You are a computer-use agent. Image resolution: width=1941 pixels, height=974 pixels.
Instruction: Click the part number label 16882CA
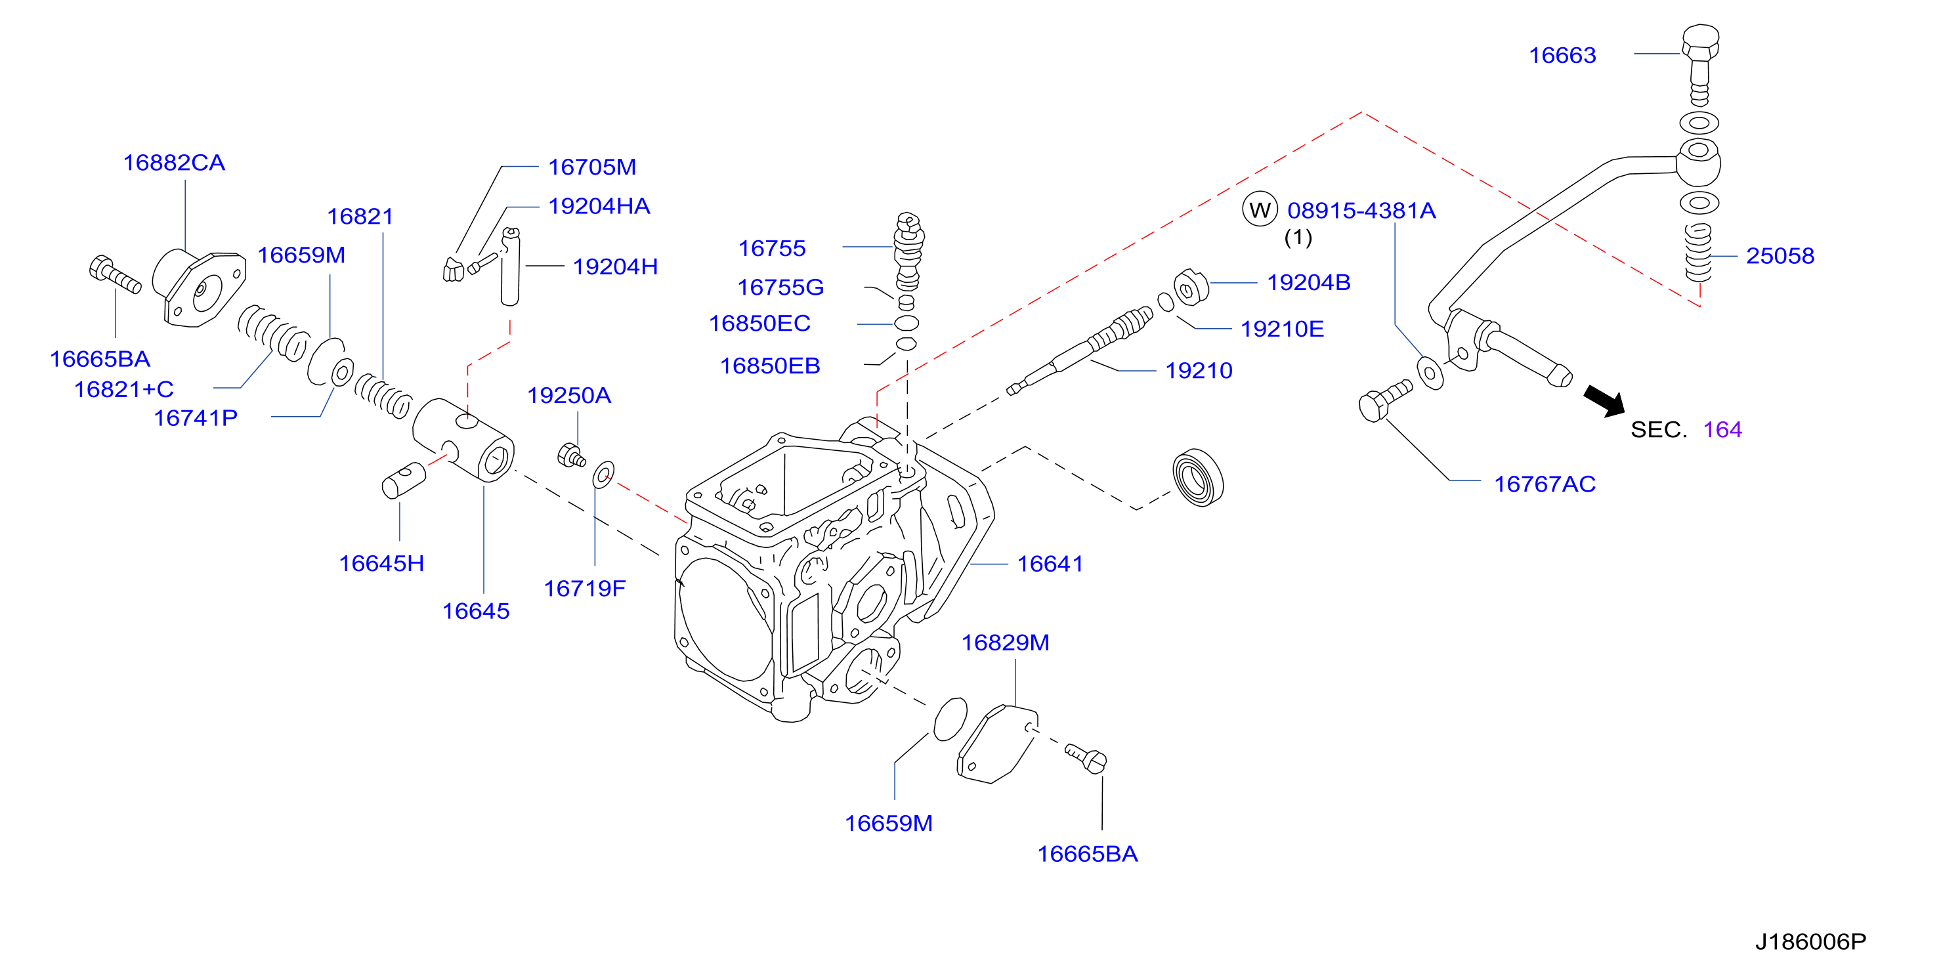(174, 163)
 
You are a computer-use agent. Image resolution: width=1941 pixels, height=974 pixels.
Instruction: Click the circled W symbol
(1260, 209)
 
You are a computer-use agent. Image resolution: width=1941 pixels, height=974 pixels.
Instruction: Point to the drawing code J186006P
(1810, 942)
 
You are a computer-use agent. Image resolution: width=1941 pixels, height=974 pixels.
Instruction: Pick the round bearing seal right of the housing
(1198, 478)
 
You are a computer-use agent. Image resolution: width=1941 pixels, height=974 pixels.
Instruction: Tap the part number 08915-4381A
(1361, 210)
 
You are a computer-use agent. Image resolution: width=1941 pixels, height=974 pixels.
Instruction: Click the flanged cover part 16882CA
(199, 287)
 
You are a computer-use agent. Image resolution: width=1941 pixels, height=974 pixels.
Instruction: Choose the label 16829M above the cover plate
(1005, 643)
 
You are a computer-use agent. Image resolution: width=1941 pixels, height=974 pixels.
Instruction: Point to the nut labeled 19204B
(1191, 287)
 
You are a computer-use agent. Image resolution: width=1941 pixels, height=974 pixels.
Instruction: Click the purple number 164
(1722, 429)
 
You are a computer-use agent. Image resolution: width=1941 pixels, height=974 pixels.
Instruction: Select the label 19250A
(569, 396)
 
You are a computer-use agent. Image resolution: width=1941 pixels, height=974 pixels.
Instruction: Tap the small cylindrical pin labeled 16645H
(404, 480)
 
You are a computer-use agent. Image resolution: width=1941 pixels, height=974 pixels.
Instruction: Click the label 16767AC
(1545, 484)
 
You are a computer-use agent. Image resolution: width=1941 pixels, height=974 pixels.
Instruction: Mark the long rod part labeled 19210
(1080, 350)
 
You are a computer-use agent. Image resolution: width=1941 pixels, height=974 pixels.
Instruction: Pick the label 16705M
(592, 167)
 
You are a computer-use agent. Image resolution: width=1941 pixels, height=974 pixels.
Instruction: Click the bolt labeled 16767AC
(1384, 401)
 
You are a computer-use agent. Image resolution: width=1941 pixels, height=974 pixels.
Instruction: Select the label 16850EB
(770, 366)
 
